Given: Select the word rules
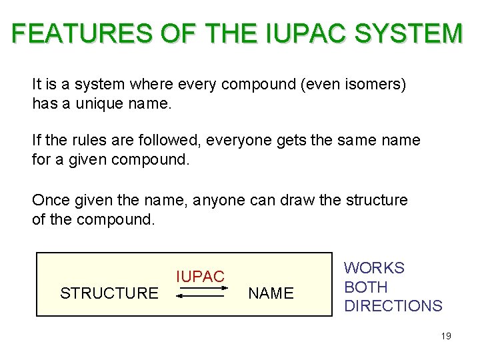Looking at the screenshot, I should point(85,141).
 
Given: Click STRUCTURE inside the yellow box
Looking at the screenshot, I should point(109,293).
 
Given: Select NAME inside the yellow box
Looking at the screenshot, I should point(271,293).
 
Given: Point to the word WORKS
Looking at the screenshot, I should point(374,268).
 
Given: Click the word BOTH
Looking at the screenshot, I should point(365,287).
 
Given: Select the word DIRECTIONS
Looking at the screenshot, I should point(393,306).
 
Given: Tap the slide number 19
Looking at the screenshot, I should point(445,336).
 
